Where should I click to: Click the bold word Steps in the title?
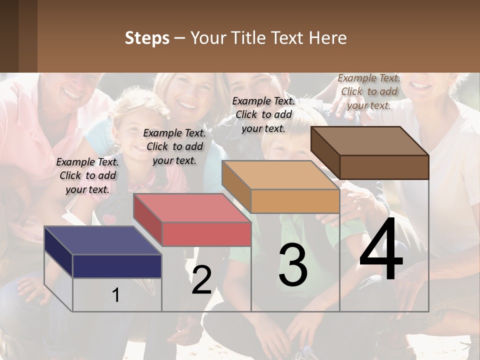pyautogui.click(x=147, y=38)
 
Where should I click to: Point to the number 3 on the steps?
pyautogui.click(x=293, y=265)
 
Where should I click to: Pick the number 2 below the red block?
pyautogui.click(x=201, y=280)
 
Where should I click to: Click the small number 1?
pyautogui.click(x=115, y=295)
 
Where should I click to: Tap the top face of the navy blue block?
pyautogui.click(x=102, y=240)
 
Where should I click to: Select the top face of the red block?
pyautogui.click(x=191, y=207)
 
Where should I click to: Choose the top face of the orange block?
pyautogui.click(x=280, y=175)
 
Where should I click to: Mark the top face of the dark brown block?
pyautogui.click(x=369, y=141)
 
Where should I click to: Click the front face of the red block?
pyautogui.click(x=206, y=234)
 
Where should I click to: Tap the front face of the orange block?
pyautogui.click(x=295, y=201)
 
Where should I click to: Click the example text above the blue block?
pyautogui.click(x=87, y=175)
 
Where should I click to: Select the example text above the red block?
pyautogui.click(x=174, y=146)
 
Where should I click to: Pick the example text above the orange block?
pyautogui.click(x=263, y=114)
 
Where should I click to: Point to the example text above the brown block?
pyautogui.click(x=369, y=91)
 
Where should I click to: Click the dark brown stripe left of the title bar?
pyautogui.click(x=18, y=36)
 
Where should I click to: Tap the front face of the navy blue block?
pyautogui.click(x=117, y=266)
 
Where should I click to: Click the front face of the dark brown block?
pyautogui.click(x=384, y=167)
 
